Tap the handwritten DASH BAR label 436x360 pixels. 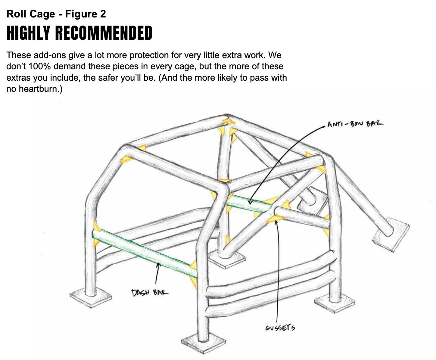pos(150,292)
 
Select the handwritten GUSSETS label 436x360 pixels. pos(280,327)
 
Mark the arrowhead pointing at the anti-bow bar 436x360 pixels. pos(250,202)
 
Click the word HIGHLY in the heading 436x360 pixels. pos(28,33)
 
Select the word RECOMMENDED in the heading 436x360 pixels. pos(104,33)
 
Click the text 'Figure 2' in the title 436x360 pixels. pos(86,14)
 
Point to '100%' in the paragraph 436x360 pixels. pos(40,67)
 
